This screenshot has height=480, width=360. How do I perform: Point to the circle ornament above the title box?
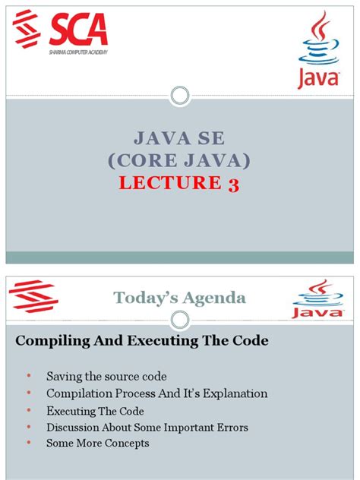click(179, 96)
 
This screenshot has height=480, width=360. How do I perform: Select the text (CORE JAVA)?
click(179, 161)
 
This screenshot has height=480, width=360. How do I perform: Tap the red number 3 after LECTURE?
click(233, 183)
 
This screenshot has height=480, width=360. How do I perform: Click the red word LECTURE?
click(171, 183)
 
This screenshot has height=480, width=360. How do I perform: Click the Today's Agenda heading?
click(179, 298)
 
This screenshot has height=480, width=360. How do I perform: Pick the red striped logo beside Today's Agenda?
click(37, 298)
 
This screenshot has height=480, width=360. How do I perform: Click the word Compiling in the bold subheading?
click(46, 341)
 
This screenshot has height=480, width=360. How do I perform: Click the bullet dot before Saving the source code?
click(28, 376)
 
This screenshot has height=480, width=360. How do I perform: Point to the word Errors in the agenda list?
click(231, 427)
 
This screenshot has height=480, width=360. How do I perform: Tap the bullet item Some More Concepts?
click(97, 443)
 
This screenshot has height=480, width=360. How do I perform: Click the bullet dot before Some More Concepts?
click(28, 443)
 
